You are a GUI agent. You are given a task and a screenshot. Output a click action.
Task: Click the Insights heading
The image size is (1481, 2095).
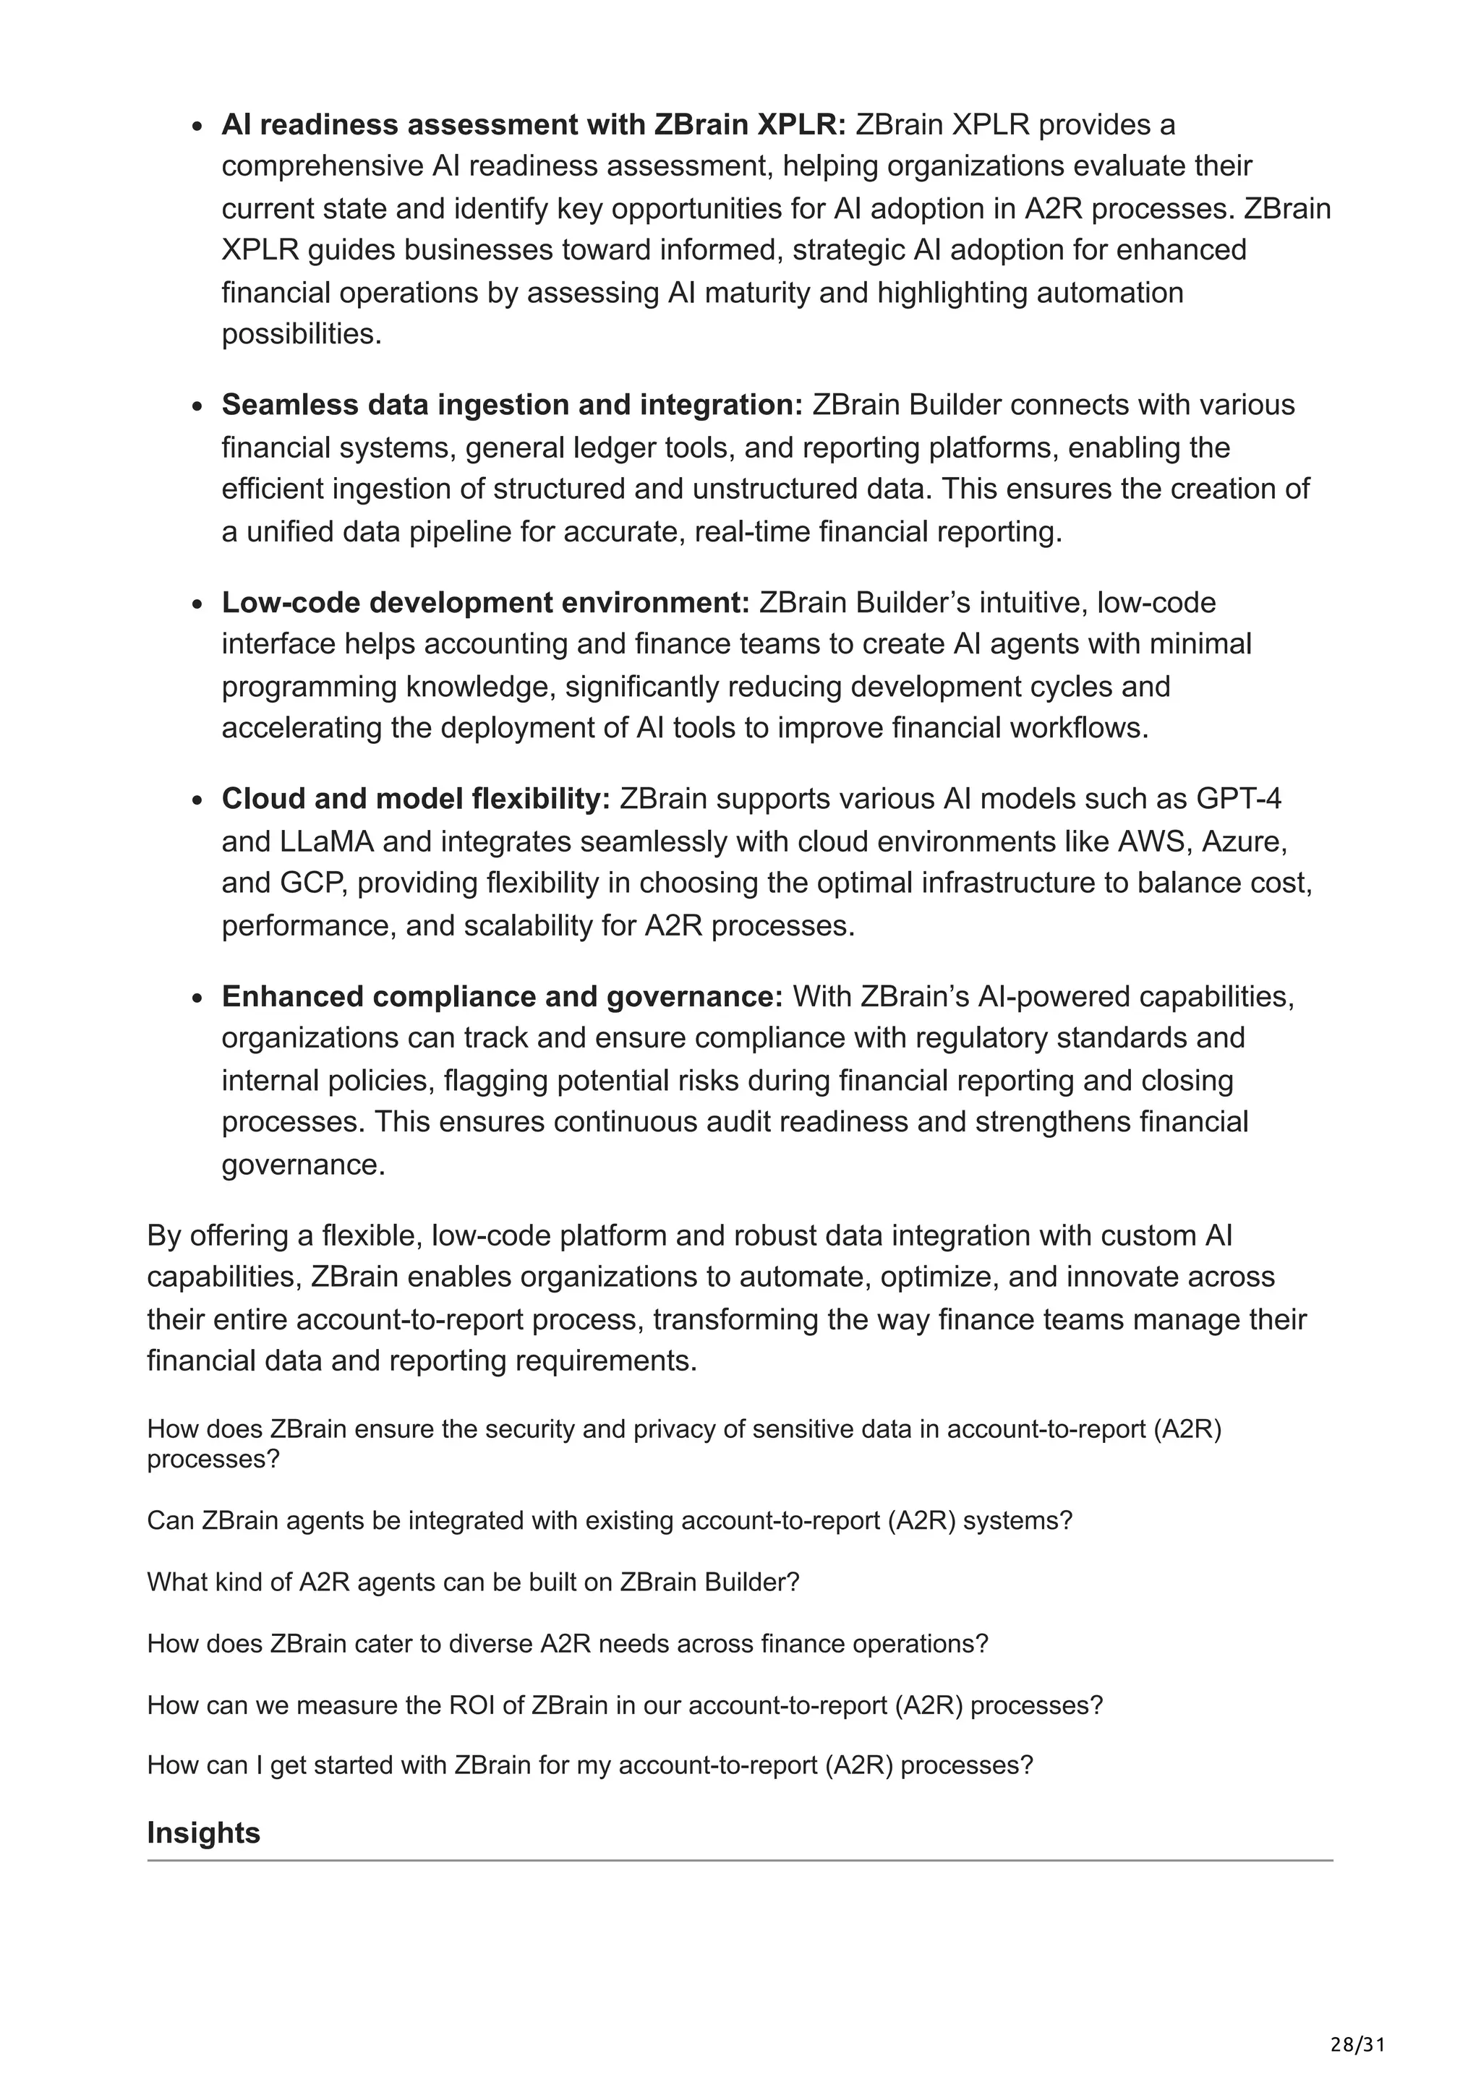(203, 1833)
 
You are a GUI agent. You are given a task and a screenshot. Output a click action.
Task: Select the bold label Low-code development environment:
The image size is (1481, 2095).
(485, 602)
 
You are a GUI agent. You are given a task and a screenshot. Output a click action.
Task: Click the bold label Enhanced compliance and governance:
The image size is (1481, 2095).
(502, 996)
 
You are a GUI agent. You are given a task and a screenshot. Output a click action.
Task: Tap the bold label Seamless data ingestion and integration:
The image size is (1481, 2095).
(511, 404)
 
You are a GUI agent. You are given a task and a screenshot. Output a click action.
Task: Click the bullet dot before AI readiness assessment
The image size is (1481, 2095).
(197, 126)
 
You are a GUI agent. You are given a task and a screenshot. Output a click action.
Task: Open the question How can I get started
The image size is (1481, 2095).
(589, 1765)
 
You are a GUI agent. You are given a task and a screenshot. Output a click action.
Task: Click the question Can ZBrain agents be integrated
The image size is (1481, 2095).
(609, 1520)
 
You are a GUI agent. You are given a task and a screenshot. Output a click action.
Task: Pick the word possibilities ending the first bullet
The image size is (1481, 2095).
(300, 334)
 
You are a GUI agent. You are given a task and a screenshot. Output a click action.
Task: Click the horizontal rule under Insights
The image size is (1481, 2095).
(739, 1861)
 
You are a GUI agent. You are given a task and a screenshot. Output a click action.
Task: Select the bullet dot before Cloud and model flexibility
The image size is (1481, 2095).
(197, 800)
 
